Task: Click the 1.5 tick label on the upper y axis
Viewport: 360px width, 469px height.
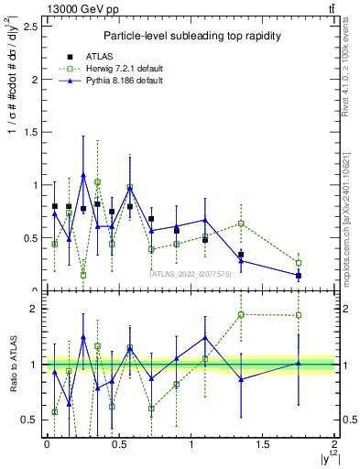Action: click(30, 132)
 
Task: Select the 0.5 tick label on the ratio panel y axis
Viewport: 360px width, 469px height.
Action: click(30, 420)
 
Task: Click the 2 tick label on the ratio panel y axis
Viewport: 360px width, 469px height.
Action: click(36, 309)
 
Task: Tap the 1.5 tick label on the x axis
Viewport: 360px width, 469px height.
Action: click(263, 444)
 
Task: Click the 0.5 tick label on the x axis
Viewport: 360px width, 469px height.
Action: click(118, 444)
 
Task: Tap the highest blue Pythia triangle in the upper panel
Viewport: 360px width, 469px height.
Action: click(83, 175)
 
